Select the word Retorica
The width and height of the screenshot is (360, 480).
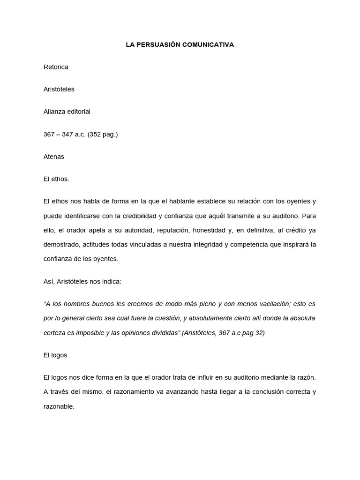point(56,67)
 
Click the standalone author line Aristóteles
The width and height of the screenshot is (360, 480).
point(59,90)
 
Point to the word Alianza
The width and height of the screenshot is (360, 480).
point(54,112)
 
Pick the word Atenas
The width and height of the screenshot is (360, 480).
point(53,157)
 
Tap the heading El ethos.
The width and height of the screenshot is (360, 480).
point(56,179)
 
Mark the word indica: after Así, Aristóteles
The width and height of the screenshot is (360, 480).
point(111,281)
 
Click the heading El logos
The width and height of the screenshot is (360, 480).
point(55,355)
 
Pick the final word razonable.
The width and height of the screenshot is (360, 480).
point(59,406)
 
